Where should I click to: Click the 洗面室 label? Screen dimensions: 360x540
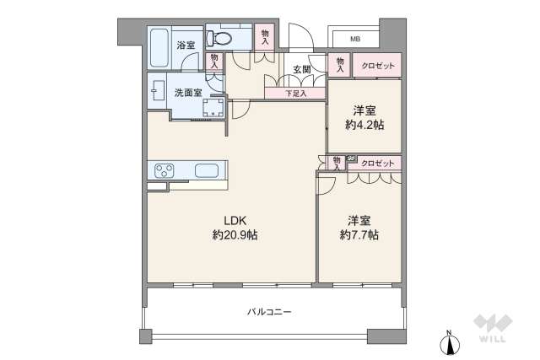coord(187,93)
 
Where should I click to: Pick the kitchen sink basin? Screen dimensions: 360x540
coord(208,171)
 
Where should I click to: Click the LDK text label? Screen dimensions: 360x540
coord(235,221)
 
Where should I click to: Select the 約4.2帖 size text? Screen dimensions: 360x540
coord(364,125)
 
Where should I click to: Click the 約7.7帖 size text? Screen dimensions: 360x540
coord(359,235)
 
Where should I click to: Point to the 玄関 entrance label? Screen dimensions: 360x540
coord(303,69)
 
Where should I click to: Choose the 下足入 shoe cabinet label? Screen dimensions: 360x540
coord(294,93)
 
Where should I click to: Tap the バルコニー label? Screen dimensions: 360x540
coord(269,312)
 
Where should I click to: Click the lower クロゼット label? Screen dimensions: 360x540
coord(376,162)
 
